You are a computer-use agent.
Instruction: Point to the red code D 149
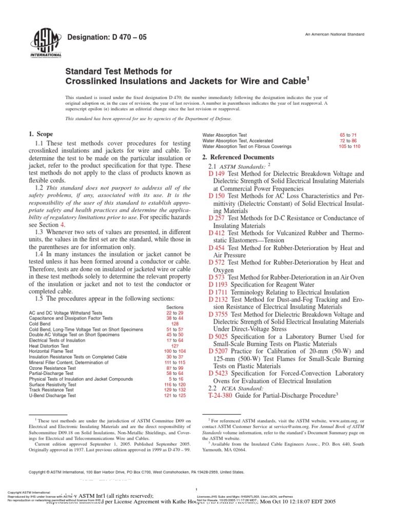tap(217, 174)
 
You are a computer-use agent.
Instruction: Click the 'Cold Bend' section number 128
tap(175, 324)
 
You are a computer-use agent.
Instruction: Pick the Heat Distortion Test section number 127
tap(175, 346)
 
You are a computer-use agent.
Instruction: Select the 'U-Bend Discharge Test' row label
tap(53, 396)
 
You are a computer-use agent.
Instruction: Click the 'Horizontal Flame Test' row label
tap(54, 351)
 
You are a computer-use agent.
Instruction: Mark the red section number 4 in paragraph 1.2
tap(63, 224)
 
